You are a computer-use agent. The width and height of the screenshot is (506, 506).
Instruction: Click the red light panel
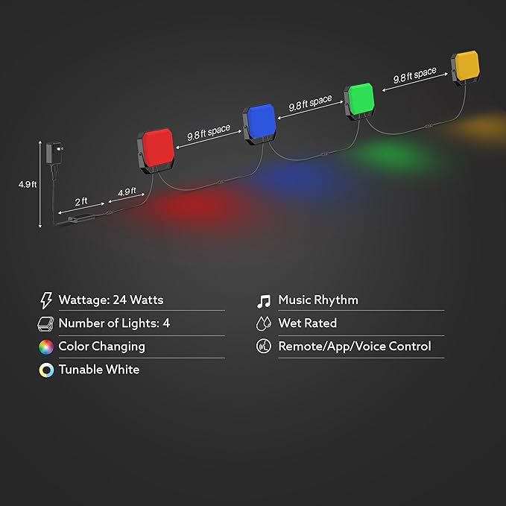(156, 150)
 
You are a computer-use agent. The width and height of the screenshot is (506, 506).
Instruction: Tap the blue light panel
(259, 123)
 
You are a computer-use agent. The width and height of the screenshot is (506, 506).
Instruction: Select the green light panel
(359, 101)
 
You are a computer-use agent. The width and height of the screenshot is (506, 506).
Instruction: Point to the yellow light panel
(465, 68)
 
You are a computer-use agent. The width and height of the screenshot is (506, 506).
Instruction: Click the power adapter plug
(54, 153)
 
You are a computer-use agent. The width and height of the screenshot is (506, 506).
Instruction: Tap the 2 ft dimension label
(81, 202)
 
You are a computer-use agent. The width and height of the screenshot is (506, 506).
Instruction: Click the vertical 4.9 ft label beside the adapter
(28, 184)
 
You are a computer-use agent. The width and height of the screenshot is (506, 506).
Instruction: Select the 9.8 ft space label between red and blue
(209, 133)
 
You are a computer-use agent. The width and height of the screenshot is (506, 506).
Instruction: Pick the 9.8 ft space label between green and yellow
(414, 75)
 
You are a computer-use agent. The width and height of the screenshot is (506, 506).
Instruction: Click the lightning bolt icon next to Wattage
(46, 300)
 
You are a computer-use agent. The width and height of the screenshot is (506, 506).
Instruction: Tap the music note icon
(264, 301)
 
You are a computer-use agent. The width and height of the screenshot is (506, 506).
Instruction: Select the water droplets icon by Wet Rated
(263, 323)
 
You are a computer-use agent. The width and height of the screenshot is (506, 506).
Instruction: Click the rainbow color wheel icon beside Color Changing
(46, 347)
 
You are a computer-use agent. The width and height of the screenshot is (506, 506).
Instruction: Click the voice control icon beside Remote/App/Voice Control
(264, 347)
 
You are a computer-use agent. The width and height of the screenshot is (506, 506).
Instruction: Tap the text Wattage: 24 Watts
(111, 300)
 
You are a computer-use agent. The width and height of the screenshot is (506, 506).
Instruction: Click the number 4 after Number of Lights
(166, 323)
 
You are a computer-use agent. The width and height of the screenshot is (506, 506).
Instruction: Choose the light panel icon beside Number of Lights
(45, 324)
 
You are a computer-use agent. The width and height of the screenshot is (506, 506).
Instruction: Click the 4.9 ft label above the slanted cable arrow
(127, 192)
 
